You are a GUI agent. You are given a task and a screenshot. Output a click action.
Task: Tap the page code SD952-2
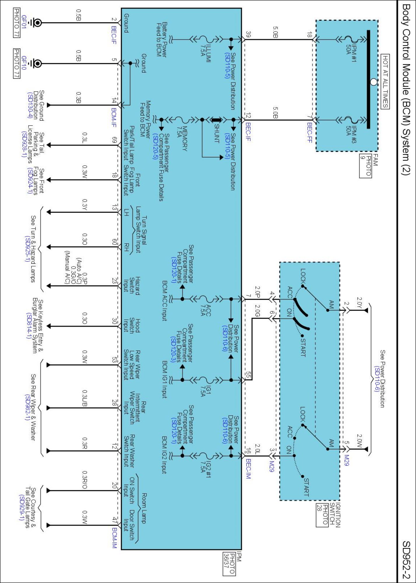(x=406, y=560)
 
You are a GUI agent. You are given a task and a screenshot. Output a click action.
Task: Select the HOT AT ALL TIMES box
(x=385, y=81)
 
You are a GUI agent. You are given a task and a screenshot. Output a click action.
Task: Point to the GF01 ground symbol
(x=38, y=22)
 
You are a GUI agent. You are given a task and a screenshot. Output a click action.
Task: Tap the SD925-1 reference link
(x=27, y=249)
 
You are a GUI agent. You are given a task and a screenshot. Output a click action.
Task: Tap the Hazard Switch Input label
(x=131, y=286)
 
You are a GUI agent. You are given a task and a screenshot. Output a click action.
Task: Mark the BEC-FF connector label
(x=309, y=132)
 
